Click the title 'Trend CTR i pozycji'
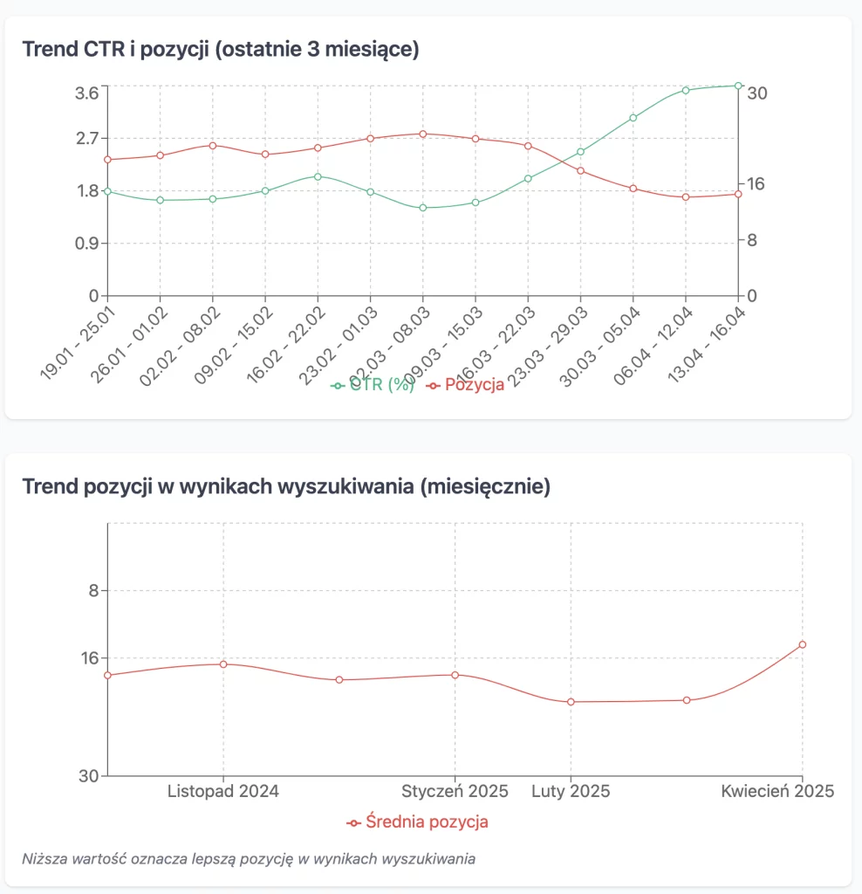(x=220, y=49)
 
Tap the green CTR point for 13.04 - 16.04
(x=738, y=86)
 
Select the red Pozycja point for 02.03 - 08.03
(x=422, y=134)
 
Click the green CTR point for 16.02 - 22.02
(x=318, y=176)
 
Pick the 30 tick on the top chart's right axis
(x=756, y=93)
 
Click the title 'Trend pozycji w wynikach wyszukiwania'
(x=285, y=486)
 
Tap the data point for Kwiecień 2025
(x=803, y=644)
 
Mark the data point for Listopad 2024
(x=223, y=664)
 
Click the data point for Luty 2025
(x=571, y=702)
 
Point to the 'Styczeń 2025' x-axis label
(x=455, y=792)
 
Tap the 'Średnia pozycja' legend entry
(x=427, y=822)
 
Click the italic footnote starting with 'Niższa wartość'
(x=249, y=858)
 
